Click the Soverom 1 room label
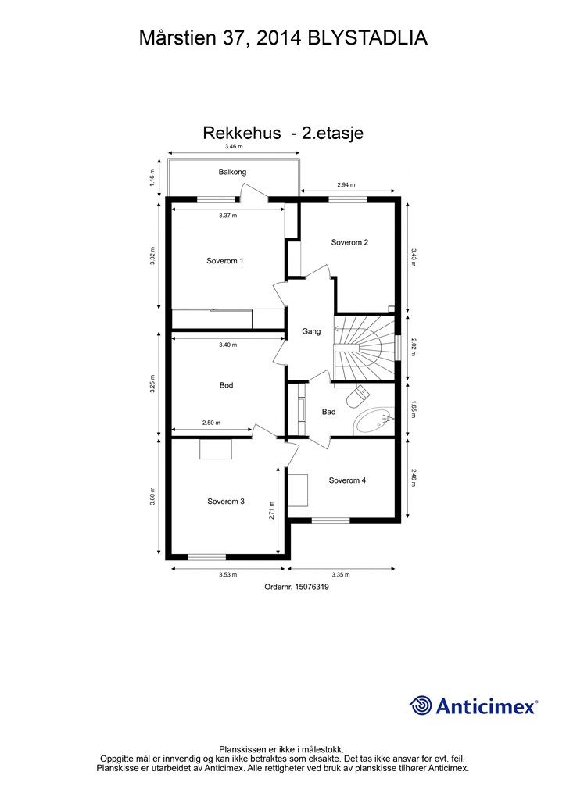tap(224, 261)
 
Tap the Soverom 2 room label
tap(349, 242)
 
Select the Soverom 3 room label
tap(226, 502)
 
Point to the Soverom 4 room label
tap(347, 480)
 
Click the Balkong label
tap(232, 172)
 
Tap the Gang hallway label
tap(311, 331)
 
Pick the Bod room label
tap(227, 385)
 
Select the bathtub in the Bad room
tap(374, 422)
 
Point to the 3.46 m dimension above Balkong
tap(234, 146)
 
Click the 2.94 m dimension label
tap(346, 185)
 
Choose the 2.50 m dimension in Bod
tap(211, 423)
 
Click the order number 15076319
tap(296, 587)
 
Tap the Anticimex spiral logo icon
tap(421, 705)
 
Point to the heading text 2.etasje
tap(333, 133)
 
